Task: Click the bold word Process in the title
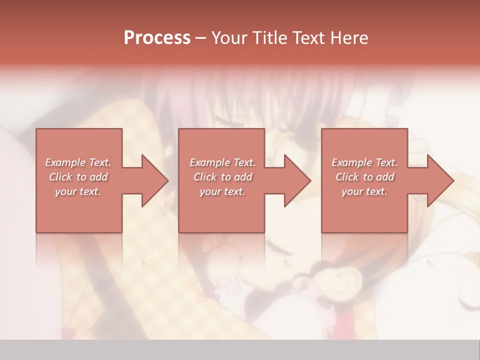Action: [x=157, y=37]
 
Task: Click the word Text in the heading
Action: [x=309, y=37]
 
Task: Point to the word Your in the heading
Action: [x=229, y=37]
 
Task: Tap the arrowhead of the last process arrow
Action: [x=439, y=180]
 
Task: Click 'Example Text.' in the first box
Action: [x=78, y=162]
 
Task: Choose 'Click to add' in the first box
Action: [x=78, y=177]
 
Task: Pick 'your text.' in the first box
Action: [x=78, y=191]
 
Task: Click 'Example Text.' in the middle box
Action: [x=222, y=162]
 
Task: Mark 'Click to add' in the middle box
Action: [x=222, y=177]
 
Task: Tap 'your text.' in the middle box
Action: [x=222, y=191]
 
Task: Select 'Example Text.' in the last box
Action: [x=364, y=162]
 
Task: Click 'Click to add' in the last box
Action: [x=364, y=177]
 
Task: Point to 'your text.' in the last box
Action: [x=364, y=191]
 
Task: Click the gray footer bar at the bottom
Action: [x=240, y=350]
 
